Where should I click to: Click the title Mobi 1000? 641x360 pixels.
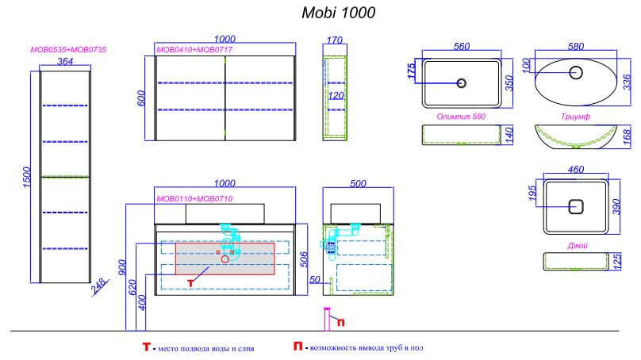[338, 13]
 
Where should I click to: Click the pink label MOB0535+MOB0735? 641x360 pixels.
[68, 50]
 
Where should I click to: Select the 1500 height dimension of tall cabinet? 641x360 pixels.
[26, 177]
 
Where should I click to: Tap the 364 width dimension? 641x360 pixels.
[65, 61]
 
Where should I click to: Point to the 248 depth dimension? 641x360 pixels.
[100, 285]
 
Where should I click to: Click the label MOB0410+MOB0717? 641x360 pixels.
[194, 50]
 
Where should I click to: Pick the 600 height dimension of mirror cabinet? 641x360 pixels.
[141, 98]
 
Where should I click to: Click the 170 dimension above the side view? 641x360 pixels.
[335, 40]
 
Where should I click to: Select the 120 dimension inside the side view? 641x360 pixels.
[336, 96]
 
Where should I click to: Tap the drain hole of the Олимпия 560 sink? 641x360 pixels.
[462, 83]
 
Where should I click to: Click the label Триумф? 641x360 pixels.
[575, 117]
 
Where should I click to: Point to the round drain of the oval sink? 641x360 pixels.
[576, 72]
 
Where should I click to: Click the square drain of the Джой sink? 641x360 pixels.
[576, 206]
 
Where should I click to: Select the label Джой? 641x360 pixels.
[578, 246]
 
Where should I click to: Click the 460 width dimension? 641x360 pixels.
[576, 169]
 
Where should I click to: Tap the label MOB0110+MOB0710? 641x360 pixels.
[194, 199]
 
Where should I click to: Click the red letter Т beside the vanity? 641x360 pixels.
[190, 283]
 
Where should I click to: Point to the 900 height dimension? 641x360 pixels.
[122, 267]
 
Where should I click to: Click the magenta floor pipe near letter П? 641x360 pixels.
[327, 319]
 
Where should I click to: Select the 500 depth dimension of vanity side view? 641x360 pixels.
[358, 184]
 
